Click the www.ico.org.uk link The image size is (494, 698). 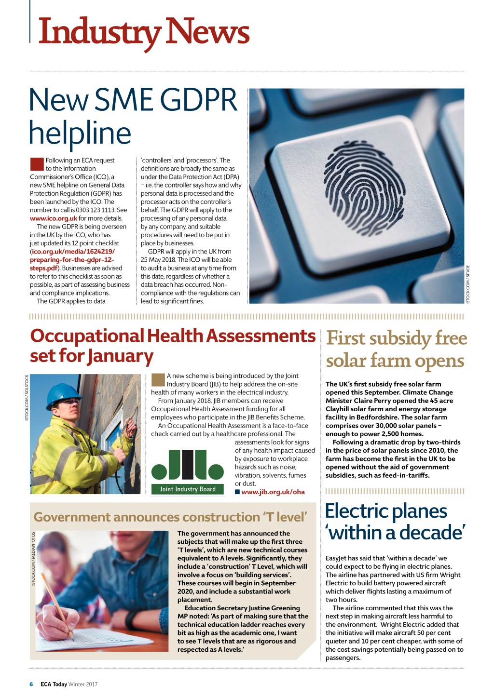54,218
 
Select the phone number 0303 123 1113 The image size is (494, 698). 96,210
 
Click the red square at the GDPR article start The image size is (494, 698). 37,164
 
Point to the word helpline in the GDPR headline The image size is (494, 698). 80,133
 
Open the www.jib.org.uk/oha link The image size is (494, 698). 273,492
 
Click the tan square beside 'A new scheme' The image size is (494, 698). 158,380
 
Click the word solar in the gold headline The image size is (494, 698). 346,361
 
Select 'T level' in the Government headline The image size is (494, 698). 285,517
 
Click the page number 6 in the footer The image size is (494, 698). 31,684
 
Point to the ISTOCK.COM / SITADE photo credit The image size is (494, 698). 468,284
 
